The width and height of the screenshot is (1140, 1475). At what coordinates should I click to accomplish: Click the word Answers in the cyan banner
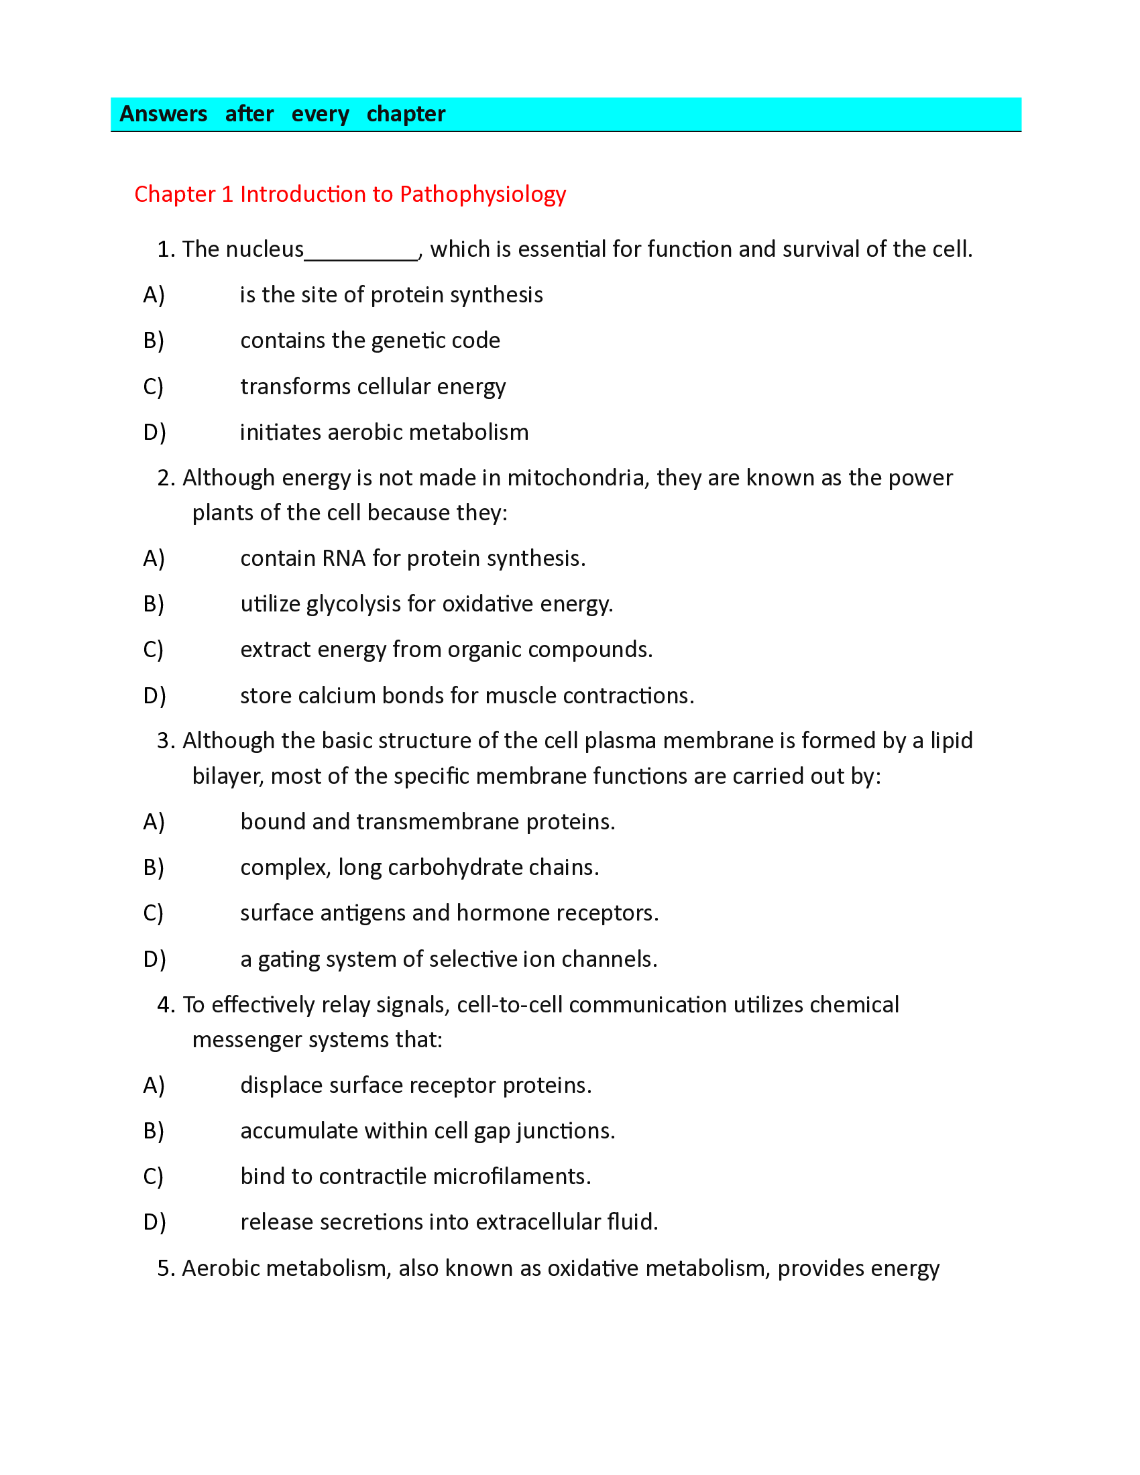pos(163,113)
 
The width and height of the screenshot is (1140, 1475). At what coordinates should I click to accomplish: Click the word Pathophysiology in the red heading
pos(482,194)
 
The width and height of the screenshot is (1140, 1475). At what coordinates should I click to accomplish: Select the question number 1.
pos(165,249)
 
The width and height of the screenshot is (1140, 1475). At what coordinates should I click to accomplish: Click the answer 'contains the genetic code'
pos(370,341)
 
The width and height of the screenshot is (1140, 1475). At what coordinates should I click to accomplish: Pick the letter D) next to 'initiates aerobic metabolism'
pos(154,432)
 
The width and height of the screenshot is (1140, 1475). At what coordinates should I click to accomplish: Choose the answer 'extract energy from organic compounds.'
pos(447,650)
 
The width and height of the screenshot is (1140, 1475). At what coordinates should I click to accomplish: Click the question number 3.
pos(165,741)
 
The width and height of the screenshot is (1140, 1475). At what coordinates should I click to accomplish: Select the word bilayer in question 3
pos(226,776)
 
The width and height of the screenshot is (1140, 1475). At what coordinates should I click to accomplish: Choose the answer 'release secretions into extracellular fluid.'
pos(449,1222)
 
